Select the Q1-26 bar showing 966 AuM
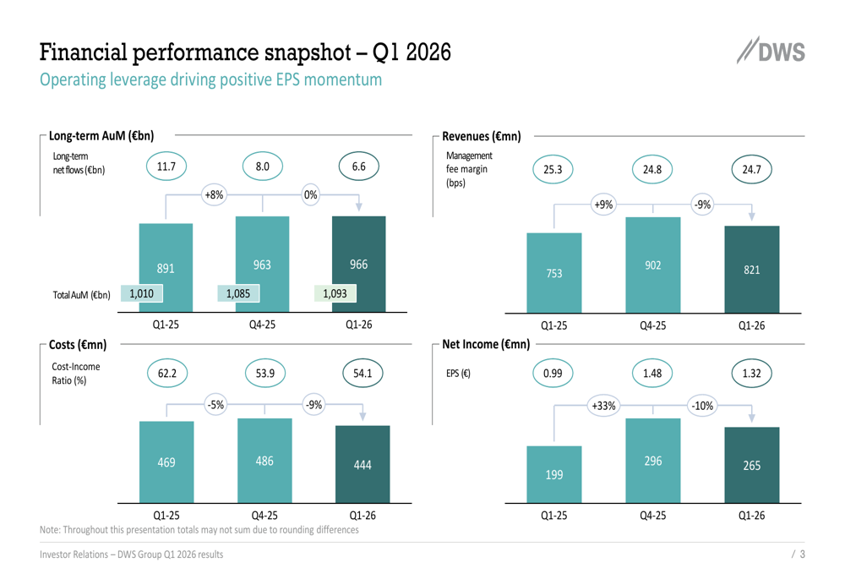pos(359,263)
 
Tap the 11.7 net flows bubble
pos(166,167)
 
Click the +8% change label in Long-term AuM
pos(215,194)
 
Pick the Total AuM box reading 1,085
pos(237,293)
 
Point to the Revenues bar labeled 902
pos(652,265)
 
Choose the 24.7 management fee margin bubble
pos(751,171)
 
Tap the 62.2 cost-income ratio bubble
pos(167,372)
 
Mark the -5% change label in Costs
pos(215,405)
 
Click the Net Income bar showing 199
pos(553,475)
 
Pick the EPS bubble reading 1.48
pos(652,372)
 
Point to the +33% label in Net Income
pos(603,406)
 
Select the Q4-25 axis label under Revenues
pos(652,325)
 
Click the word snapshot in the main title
pos(299,54)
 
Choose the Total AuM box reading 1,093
pos(335,293)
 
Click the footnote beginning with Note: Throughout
pos(199,530)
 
